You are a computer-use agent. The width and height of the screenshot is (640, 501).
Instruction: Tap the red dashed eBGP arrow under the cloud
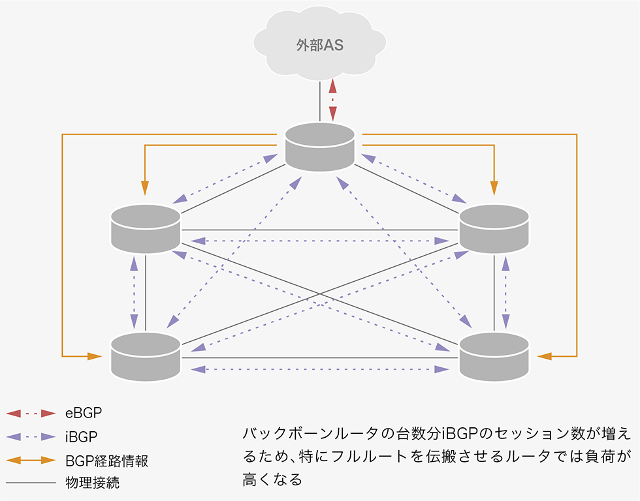coord(333,100)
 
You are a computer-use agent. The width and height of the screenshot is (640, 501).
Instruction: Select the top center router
coord(320,147)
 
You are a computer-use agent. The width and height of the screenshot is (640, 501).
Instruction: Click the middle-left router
coord(146,228)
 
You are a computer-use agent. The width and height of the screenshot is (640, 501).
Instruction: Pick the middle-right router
coord(494,228)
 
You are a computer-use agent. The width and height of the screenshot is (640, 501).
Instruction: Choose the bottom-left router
coord(146,356)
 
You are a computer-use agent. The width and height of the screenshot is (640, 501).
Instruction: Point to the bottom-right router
coord(494,356)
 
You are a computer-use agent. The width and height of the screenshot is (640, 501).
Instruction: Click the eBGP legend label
coord(84,413)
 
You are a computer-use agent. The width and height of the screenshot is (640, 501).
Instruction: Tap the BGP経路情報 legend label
coord(107,460)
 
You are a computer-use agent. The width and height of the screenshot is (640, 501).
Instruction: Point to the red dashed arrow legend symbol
coord(30,413)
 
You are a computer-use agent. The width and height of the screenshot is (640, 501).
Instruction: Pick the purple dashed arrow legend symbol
coord(30,436)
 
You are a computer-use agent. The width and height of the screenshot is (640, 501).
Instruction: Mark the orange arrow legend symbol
coord(30,460)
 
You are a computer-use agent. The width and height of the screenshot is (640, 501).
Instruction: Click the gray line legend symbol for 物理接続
coord(30,483)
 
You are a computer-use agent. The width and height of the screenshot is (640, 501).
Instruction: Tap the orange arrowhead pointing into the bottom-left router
coord(95,356)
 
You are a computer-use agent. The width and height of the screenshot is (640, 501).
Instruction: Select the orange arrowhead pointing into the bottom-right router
coord(545,356)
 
